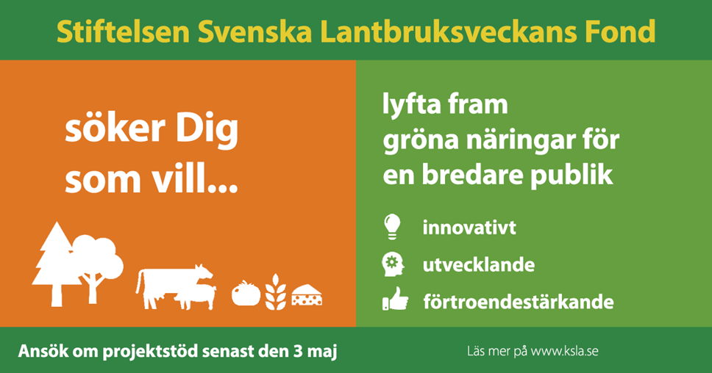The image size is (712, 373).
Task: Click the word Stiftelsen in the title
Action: [x=124, y=32]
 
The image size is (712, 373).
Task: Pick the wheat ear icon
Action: [x=276, y=292]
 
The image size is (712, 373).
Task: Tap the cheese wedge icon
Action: [x=307, y=294]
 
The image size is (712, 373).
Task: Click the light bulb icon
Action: [x=392, y=226]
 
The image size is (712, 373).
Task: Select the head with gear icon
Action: [x=393, y=264]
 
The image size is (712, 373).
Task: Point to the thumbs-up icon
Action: [x=395, y=299]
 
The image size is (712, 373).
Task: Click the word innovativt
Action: [x=469, y=227]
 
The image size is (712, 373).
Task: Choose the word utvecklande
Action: [x=479, y=264]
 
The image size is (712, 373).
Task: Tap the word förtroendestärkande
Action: [x=519, y=302]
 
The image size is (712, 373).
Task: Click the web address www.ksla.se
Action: [x=564, y=351]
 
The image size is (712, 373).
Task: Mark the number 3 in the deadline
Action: [x=297, y=351]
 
